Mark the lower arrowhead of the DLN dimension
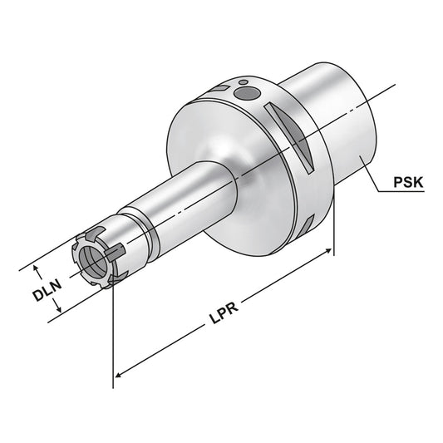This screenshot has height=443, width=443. click(58, 313)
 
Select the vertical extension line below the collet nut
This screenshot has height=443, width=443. click(112, 332)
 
